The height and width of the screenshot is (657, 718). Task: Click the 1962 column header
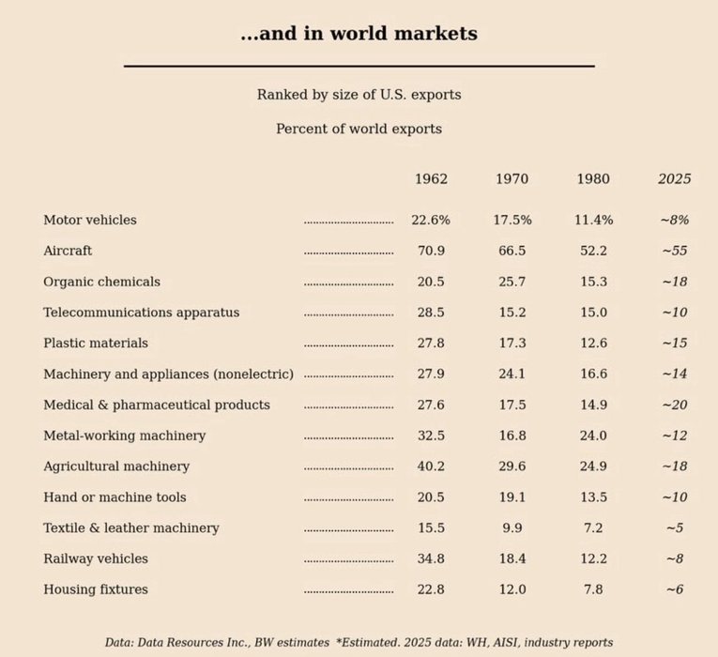tap(431, 179)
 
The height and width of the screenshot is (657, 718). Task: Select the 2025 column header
tap(674, 179)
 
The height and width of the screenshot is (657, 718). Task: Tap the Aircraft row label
tap(68, 252)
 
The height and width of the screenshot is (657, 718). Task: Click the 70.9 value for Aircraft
tap(431, 252)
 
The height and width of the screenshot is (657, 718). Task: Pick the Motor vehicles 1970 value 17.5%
tap(512, 221)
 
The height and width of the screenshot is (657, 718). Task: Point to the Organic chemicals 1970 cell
tap(512, 283)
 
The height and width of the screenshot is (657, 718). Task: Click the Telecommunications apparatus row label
tap(141, 313)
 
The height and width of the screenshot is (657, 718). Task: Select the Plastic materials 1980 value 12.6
tap(593, 344)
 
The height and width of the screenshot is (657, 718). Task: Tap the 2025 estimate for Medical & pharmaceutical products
tap(674, 405)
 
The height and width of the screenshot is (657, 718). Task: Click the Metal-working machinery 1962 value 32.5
tap(431, 436)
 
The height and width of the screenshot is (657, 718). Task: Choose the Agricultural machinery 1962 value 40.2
tap(431, 466)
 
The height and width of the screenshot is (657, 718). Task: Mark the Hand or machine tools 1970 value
tap(512, 497)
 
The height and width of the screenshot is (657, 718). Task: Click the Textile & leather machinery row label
tap(131, 528)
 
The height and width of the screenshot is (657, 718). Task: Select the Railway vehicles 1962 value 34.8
tap(431, 559)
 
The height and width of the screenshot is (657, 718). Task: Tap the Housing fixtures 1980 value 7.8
tap(593, 590)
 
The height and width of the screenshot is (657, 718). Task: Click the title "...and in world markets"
tap(359, 35)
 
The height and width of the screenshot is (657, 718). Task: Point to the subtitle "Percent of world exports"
tap(359, 130)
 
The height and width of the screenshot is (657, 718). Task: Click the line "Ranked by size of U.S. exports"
tap(359, 96)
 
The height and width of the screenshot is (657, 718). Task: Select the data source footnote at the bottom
tap(359, 643)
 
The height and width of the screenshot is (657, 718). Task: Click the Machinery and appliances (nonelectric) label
tap(168, 374)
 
